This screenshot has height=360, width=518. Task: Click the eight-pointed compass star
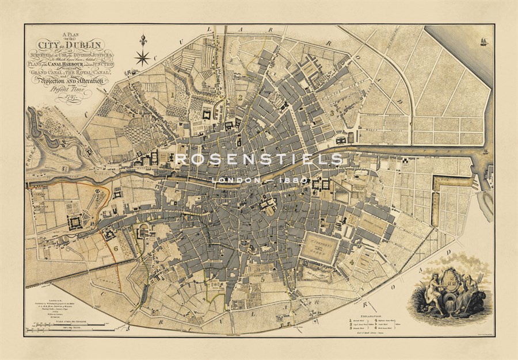tap(142, 57)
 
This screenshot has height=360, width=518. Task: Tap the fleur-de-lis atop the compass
tap(143, 41)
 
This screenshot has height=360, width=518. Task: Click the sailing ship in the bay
tap(483, 41)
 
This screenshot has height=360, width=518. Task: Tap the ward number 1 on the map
tap(172, 92)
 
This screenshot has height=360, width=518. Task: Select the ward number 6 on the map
tap(116, 248)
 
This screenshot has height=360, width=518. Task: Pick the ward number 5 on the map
tap(263, 280)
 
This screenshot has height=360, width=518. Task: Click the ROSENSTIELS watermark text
tap(258, 159)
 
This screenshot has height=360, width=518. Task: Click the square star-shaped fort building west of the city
tap(75, 221)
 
